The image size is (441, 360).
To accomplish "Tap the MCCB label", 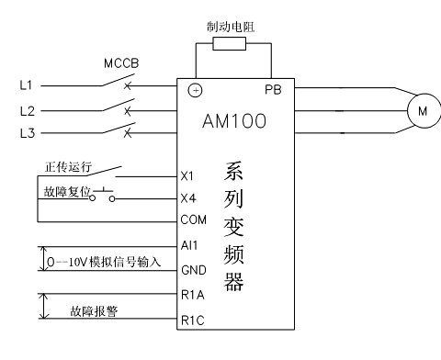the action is (121, 63).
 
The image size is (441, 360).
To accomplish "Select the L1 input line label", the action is (26, 85).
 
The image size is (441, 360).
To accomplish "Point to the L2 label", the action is (28, 111).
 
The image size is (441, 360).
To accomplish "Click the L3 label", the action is (28, 133).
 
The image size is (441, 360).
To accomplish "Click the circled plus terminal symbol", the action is (195, 90).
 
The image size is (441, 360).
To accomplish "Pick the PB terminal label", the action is (273, 90).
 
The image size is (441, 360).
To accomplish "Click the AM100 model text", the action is (234, 120).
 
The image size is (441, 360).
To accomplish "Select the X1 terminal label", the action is (187, 176).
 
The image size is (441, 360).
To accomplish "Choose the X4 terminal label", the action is (188, 198).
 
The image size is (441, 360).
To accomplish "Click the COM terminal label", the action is (194, 219).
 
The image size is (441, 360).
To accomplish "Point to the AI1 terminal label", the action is (189, 245).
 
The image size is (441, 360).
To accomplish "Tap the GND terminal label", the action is (194, 270).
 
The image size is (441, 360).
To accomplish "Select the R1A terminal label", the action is (193, 295).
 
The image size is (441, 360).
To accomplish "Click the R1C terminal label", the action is (193, 321).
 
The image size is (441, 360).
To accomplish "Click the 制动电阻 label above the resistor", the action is (231, 27).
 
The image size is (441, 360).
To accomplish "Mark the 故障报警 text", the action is (94, 311).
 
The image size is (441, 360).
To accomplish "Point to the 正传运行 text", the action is (68, 167).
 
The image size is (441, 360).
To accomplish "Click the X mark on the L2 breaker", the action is (128, 111).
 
